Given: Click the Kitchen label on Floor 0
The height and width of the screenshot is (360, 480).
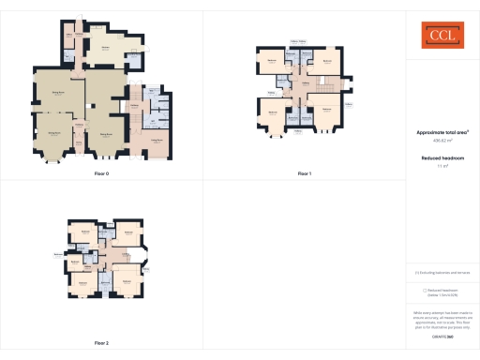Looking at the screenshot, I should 106,48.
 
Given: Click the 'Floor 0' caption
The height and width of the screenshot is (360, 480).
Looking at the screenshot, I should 101,173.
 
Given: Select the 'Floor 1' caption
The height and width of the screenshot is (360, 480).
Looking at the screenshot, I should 304,173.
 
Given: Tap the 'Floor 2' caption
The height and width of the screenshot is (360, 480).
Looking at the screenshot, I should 101,343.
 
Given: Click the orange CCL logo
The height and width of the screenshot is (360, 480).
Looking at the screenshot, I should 442,37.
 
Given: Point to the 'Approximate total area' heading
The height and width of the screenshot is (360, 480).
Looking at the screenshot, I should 441,133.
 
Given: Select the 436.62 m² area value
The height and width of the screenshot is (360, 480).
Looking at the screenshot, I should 441,142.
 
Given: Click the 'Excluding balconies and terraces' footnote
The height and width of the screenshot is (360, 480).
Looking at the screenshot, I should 442,273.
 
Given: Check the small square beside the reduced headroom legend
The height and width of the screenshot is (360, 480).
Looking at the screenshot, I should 425,290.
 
